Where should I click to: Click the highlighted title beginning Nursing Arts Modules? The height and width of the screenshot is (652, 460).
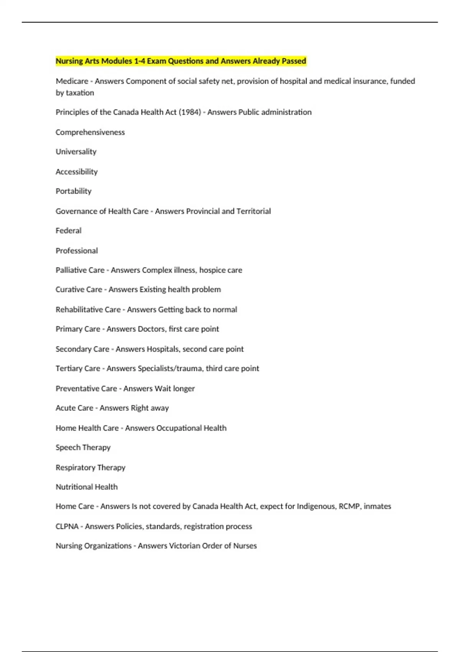pyautogui.click(x=181, y=61)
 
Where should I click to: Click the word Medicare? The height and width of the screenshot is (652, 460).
pyautogui.click(x=72, y=81)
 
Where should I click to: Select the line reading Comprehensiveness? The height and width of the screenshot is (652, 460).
pyautogui.click(x=90, y=132)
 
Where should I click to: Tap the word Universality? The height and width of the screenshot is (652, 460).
pyautogui.click(x=76, y=152)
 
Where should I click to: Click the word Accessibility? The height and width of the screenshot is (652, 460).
pyautogui.click(x=76, y=172)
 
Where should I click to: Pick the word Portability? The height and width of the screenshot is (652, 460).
pyautogui.click(x=73, y=191)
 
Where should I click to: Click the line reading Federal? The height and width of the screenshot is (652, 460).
pyautogui.click(x=68, y=231)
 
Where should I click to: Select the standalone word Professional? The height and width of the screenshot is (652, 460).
pyautogui.click(x=77, y=251)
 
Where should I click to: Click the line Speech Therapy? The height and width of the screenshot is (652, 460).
pyautogui.click(x=83, y=448)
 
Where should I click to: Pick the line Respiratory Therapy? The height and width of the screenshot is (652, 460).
pyautogui.click(x=90, y=468)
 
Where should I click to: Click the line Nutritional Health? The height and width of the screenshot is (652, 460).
pyautogui.click(x=87, y=487)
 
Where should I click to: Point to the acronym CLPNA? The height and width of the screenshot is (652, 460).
pyautogui.click(x=67, y=527)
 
